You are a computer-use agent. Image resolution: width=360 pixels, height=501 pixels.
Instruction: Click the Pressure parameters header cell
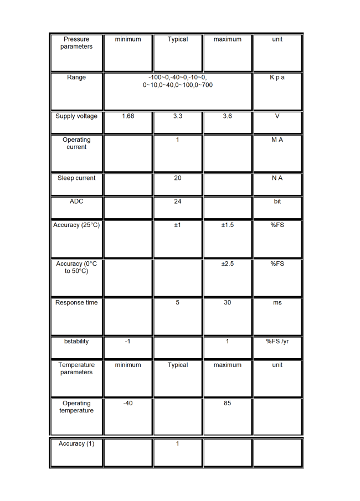pos(76,43)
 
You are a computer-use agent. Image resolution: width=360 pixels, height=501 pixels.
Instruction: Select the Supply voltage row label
pos(76,116)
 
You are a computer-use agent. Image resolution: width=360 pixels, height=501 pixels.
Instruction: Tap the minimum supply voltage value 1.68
pos(128,116)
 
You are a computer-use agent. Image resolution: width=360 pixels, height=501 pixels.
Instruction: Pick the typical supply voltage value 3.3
pos(178,116)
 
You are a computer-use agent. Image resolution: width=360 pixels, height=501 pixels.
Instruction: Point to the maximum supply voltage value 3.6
pos(228,116)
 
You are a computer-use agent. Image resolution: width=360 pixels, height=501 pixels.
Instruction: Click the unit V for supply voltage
pos(277,116)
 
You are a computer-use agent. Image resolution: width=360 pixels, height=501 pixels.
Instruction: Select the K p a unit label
pos(277,78)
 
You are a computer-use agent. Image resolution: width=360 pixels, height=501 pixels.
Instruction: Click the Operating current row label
pos(76,143)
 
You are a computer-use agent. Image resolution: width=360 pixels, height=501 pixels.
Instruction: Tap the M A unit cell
pos(277,140)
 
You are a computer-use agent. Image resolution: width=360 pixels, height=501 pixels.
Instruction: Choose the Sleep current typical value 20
pos(178,178)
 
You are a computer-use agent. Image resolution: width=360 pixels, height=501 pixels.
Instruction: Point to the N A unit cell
pos(277,178)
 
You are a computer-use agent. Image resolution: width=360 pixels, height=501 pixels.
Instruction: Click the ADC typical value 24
pos(178,202)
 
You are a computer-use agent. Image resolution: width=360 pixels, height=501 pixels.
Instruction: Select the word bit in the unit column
pos(277,202)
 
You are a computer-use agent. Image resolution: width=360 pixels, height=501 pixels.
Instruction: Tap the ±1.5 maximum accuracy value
pos(228,225)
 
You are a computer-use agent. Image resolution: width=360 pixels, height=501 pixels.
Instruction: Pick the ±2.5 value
pos(228,264)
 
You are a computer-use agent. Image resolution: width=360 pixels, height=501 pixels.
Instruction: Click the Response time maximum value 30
pos(228,303)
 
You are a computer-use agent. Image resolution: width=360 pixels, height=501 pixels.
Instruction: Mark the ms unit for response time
pos(277,303)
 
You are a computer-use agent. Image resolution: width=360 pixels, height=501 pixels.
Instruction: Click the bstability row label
pos(76,342)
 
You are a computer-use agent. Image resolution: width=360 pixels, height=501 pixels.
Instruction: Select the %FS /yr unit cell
pos(277,342)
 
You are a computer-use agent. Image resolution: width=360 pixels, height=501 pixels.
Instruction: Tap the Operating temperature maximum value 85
pos(228,404)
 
